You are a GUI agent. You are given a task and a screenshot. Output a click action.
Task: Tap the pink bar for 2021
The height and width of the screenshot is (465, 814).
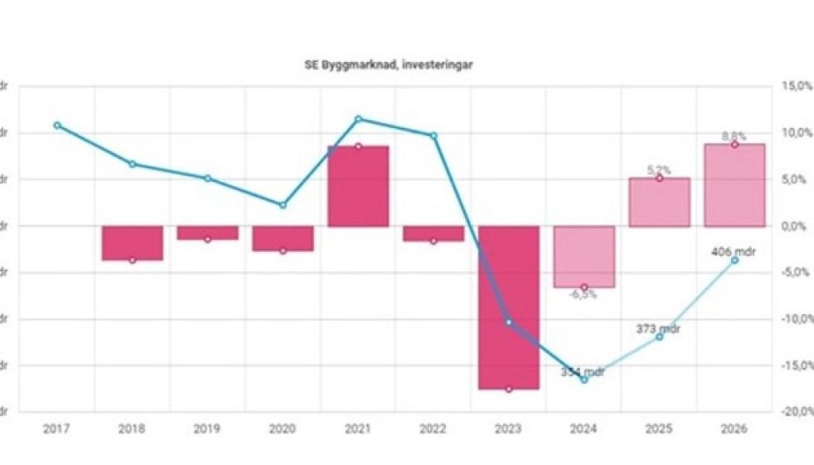click(358, 186)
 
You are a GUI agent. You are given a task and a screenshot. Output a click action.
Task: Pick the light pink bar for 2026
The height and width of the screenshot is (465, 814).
click(734, 185)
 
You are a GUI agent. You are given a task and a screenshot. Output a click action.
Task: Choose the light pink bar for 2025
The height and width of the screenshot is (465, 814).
click(659, 202)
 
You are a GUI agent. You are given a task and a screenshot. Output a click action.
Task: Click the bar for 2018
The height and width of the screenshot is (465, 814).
click(133, 243)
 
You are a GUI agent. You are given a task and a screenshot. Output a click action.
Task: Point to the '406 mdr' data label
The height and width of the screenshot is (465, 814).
click(734, 251)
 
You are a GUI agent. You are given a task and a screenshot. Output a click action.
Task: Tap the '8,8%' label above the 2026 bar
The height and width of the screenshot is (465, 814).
click(733, 136)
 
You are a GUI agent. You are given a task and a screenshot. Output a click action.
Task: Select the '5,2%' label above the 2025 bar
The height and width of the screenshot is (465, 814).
click(659, 170)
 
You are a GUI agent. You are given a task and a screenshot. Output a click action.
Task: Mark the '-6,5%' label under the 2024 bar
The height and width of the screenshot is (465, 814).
click(583, 295)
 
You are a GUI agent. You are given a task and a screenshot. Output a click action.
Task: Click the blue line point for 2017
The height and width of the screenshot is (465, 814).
click(57, 125)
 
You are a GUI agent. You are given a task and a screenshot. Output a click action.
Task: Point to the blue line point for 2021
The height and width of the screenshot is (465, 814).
click(358, 119)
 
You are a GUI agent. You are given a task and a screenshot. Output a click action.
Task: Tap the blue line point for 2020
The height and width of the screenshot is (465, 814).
click(283, 205)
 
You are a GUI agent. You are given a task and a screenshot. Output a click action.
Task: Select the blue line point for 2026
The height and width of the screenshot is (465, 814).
click(734, 260)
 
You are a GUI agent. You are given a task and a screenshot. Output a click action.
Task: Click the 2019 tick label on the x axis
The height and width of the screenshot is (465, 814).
click(208, 429)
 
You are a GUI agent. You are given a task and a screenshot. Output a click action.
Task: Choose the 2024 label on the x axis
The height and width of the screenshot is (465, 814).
click(584, 429)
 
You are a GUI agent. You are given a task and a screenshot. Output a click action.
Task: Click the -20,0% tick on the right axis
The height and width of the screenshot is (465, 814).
click(796, 412)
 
